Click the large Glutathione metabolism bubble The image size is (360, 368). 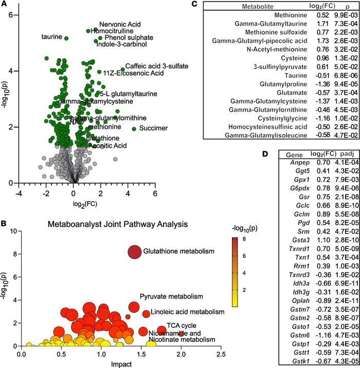pos(134,237)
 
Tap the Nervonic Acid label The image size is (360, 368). pos(119,24)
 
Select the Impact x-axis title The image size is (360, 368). pos(121,364)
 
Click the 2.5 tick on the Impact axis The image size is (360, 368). pos(222,354)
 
